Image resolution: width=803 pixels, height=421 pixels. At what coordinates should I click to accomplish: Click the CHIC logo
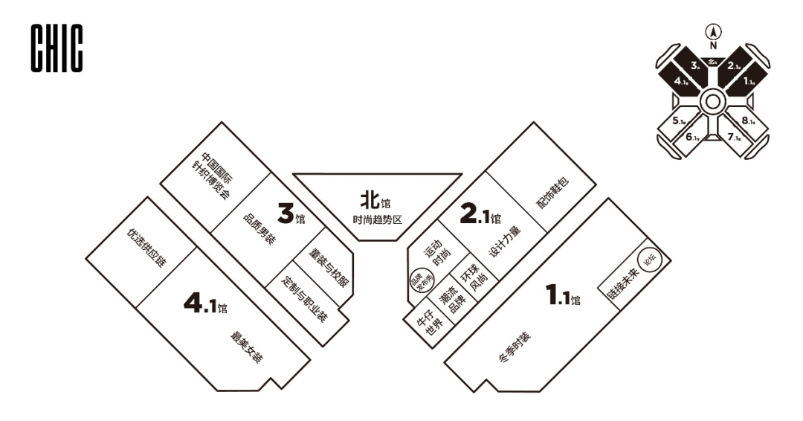pos(57,47)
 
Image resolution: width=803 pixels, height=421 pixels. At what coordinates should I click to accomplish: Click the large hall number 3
pos(286,213)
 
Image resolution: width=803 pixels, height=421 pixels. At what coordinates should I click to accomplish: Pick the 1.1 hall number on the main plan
pos(563,298)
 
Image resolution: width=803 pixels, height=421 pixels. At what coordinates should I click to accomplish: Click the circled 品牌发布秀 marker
pos(418,283)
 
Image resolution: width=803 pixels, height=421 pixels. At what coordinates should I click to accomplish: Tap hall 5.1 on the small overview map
pos(679,122)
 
